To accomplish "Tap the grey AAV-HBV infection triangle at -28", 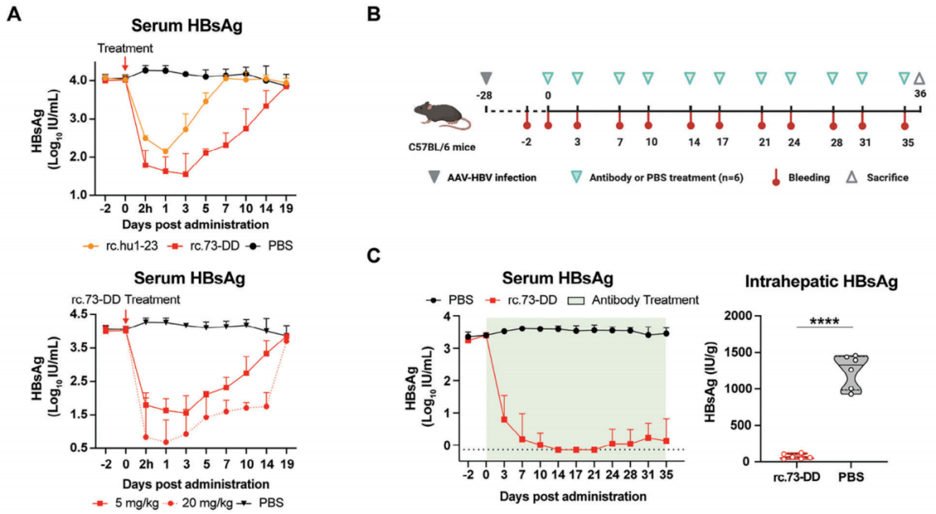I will [x=485, y=78].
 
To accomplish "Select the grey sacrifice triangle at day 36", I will [x=920, y=78].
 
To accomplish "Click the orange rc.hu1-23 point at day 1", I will [x=165, y=151].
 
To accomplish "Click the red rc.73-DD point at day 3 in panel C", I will [x=504, y=419].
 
